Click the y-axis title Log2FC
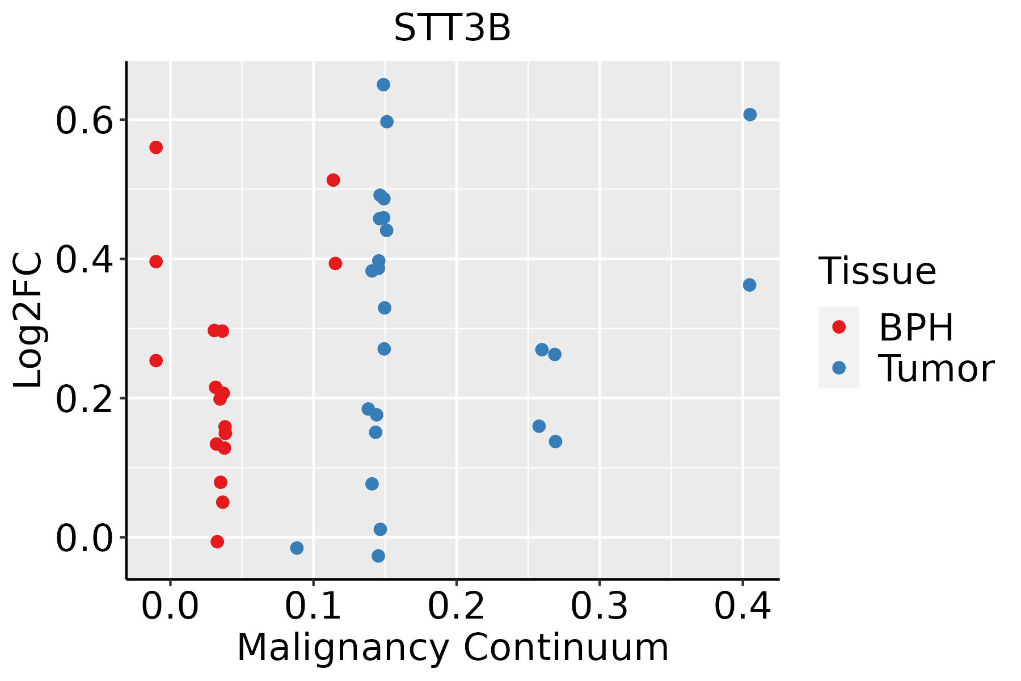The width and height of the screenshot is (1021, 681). pyautogui.click(x=28, y=321)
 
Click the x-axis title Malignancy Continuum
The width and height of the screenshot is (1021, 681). pyautogui.click(x=453, y=648)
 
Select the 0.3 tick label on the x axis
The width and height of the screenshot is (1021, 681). pyautogui.click(x=599, y=606)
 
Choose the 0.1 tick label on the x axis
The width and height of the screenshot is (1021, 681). pyautogui.click(x=313, y=606)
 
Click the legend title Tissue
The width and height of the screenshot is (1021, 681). pyautogui.click(x=877, y=271)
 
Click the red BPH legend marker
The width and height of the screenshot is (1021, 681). pyautogui.click(x=838, y=327)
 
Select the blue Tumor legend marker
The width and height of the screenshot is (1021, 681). pyautogui.click(x=838, y=368)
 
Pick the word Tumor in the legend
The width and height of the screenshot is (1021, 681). pyautogui.click(x=936, y=369)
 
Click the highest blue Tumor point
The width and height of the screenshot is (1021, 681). pyautogui.click(x=383, y=85)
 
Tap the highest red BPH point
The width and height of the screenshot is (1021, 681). pyautogui.click(x=156, y=148)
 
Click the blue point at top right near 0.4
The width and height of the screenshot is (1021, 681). pyautogui.click(x=750, y=115)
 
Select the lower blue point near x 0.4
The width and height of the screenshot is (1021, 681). pyautogui.click(x=749, y=285)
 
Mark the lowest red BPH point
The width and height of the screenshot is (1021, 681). pyautogui.click(x=217, y=541)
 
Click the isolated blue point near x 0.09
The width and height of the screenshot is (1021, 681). pyautogui.click(x=297, y=548)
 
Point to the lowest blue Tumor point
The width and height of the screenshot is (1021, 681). pyautogui.click(x=378, y=556)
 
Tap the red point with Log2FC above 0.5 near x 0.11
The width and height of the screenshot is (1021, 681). pyautogui.click(x=333, y=180)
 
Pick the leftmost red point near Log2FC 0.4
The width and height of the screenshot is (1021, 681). pyautogui.click(x=156, y=262)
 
